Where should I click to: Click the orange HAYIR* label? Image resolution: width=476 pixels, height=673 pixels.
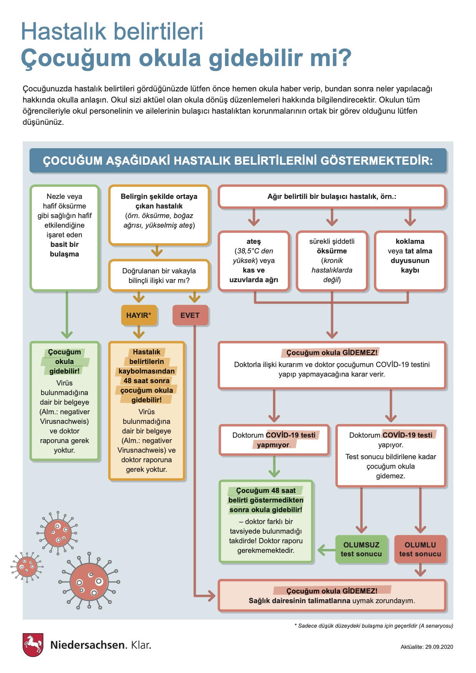139,315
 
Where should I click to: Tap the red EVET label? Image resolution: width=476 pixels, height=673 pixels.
190,315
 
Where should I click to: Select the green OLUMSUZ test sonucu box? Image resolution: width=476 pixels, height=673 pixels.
361,549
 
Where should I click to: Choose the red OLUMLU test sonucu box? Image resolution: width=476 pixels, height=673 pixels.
420,549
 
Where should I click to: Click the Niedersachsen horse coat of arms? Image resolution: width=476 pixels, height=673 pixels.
33,645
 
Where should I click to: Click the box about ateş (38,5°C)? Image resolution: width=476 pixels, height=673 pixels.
254,261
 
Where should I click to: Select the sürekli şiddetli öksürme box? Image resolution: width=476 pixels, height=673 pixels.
332,261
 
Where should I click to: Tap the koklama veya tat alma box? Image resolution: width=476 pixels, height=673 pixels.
410,261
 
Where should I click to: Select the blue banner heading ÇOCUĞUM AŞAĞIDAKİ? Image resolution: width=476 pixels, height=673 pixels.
238,160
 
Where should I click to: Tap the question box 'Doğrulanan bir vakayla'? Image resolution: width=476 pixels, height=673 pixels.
159,276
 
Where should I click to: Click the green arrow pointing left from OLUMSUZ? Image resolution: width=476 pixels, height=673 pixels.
326,550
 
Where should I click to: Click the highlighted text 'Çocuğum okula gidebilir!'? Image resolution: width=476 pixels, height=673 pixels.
64,362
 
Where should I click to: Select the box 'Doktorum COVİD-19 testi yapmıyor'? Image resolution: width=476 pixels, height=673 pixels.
274,440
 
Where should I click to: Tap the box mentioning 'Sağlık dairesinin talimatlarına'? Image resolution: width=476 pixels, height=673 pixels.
332,596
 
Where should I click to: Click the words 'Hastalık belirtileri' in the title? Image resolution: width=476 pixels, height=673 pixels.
112,31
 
